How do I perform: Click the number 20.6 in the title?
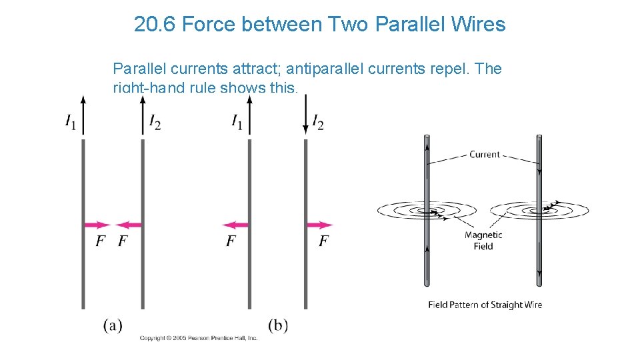155,25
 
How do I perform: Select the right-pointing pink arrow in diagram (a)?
97,225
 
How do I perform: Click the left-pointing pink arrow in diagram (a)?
129,225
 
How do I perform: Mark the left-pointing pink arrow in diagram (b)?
235,225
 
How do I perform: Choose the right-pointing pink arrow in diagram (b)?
319,225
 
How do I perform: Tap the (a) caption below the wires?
113,325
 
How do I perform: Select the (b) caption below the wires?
278,325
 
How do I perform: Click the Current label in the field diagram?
485,154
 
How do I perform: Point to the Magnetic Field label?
483,241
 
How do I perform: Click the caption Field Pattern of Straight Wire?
485,305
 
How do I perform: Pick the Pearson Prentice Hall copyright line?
198,339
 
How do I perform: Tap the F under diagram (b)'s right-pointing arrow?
323,241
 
